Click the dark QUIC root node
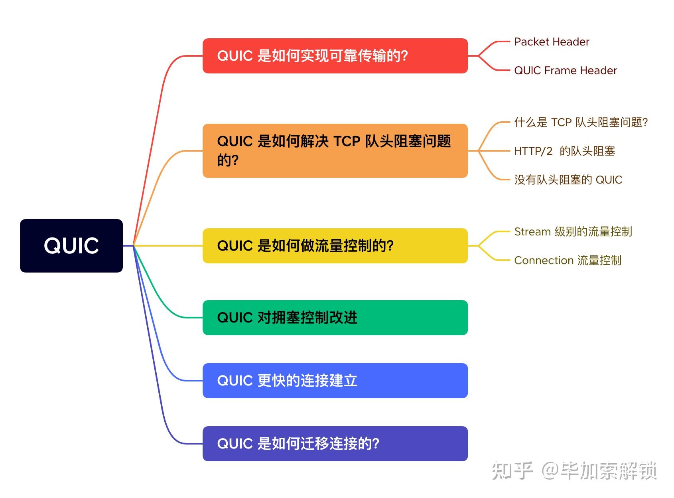tap(71, 245)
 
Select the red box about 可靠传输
tap(335, 56)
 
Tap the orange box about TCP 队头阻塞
tap(335, 151)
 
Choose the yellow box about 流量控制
tap(335, 246)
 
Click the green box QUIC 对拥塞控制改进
tap(335, 318)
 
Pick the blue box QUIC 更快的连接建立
tap(335, 381)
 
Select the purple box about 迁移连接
tap(335, 444)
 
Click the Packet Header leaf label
tap(552, 42)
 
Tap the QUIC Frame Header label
tap(565, 71)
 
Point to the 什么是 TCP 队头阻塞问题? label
tap(581, 122)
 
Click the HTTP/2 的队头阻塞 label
tap(564, 151)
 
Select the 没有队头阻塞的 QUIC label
tap(568, 180)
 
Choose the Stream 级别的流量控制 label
tap(573, 232)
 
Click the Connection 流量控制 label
tap(568, 261)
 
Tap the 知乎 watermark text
tap(512, 471)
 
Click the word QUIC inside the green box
tap(235, 318)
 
